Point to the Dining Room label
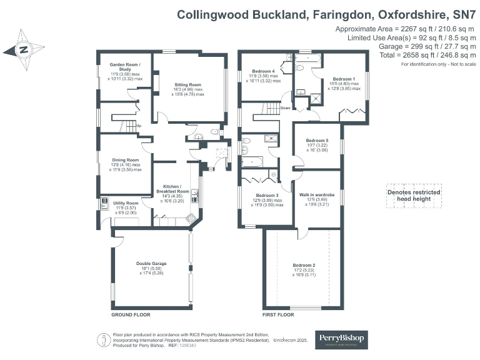(x=126, y=159)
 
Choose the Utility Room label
(x=126, y=203)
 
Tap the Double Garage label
(x=151, y=264)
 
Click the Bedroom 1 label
(x=344, y=79)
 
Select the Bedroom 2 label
(x=304, y=266)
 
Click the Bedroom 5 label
(x=317, y=141)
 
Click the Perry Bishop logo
(x=341, y=339)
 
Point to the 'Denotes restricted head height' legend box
(x=413, y=195)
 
